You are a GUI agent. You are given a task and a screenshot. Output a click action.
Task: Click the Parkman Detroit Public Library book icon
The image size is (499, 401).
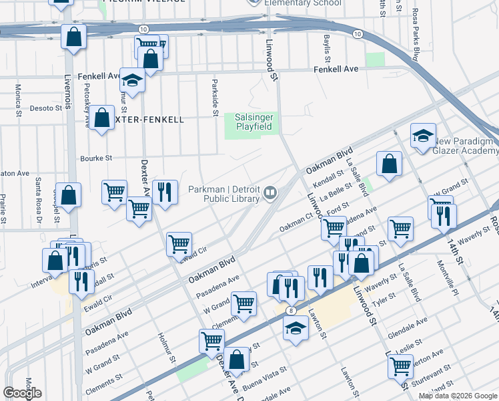pos(270,193)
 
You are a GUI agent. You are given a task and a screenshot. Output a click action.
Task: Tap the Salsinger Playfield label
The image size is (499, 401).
pos(254,122)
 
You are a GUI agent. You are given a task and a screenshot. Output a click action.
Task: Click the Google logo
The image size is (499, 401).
pos(22,393)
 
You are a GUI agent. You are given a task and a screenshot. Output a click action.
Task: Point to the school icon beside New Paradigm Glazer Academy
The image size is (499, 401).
pos(422,137)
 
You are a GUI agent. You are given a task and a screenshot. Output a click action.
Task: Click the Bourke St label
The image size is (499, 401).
pos(96,158)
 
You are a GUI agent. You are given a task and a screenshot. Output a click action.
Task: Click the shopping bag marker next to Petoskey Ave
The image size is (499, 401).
pos(101,118)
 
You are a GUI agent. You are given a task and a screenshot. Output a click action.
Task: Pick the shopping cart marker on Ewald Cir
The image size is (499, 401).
pos(179,245)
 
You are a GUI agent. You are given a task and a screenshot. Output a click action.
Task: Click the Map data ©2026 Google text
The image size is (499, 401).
pos(458,396)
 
